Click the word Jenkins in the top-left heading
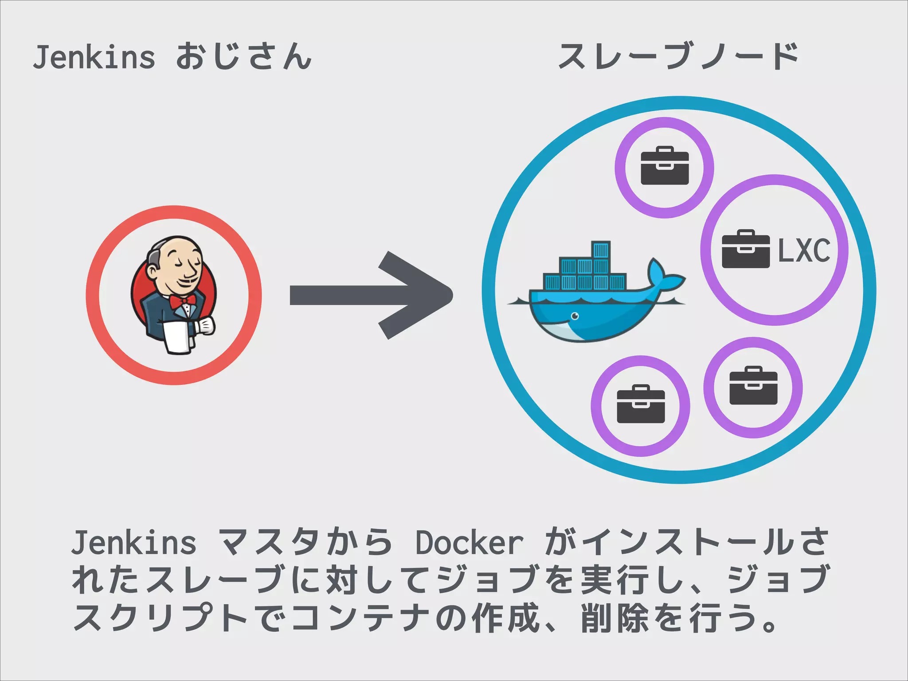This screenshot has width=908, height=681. pos(94,58)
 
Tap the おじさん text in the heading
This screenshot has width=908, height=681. pos(244,57)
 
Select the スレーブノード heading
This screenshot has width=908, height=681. pos(678,57)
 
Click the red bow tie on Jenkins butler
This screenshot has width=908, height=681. pos(183,301)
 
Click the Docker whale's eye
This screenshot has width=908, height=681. pos(575,316)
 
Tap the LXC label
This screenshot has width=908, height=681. pos(804,250)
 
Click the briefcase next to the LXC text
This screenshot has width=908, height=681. pos(746,249)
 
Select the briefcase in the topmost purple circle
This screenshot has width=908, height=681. pos(665,166)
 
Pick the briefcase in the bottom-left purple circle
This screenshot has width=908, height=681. pos(641,404)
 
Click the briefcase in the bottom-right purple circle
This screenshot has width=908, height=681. pos(753,386)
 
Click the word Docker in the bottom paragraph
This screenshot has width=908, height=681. pos(469,543)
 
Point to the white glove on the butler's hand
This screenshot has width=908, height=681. pos(206,326)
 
